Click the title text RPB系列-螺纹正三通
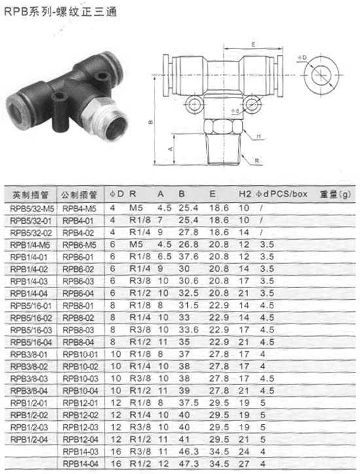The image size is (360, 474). click(60, 12)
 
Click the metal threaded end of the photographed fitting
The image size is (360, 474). click(106, 118)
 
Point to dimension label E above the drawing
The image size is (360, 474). click(253, 44)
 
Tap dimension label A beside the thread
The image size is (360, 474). click(170, 149)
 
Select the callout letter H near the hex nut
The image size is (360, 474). click(259, 136)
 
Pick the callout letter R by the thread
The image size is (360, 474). click(257, 161)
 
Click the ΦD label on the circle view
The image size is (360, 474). click(302, 58)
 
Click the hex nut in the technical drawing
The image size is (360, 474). click(224, 126)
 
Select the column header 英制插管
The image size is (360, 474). click(30, 194)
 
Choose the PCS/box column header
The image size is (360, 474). click(289, 194)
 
